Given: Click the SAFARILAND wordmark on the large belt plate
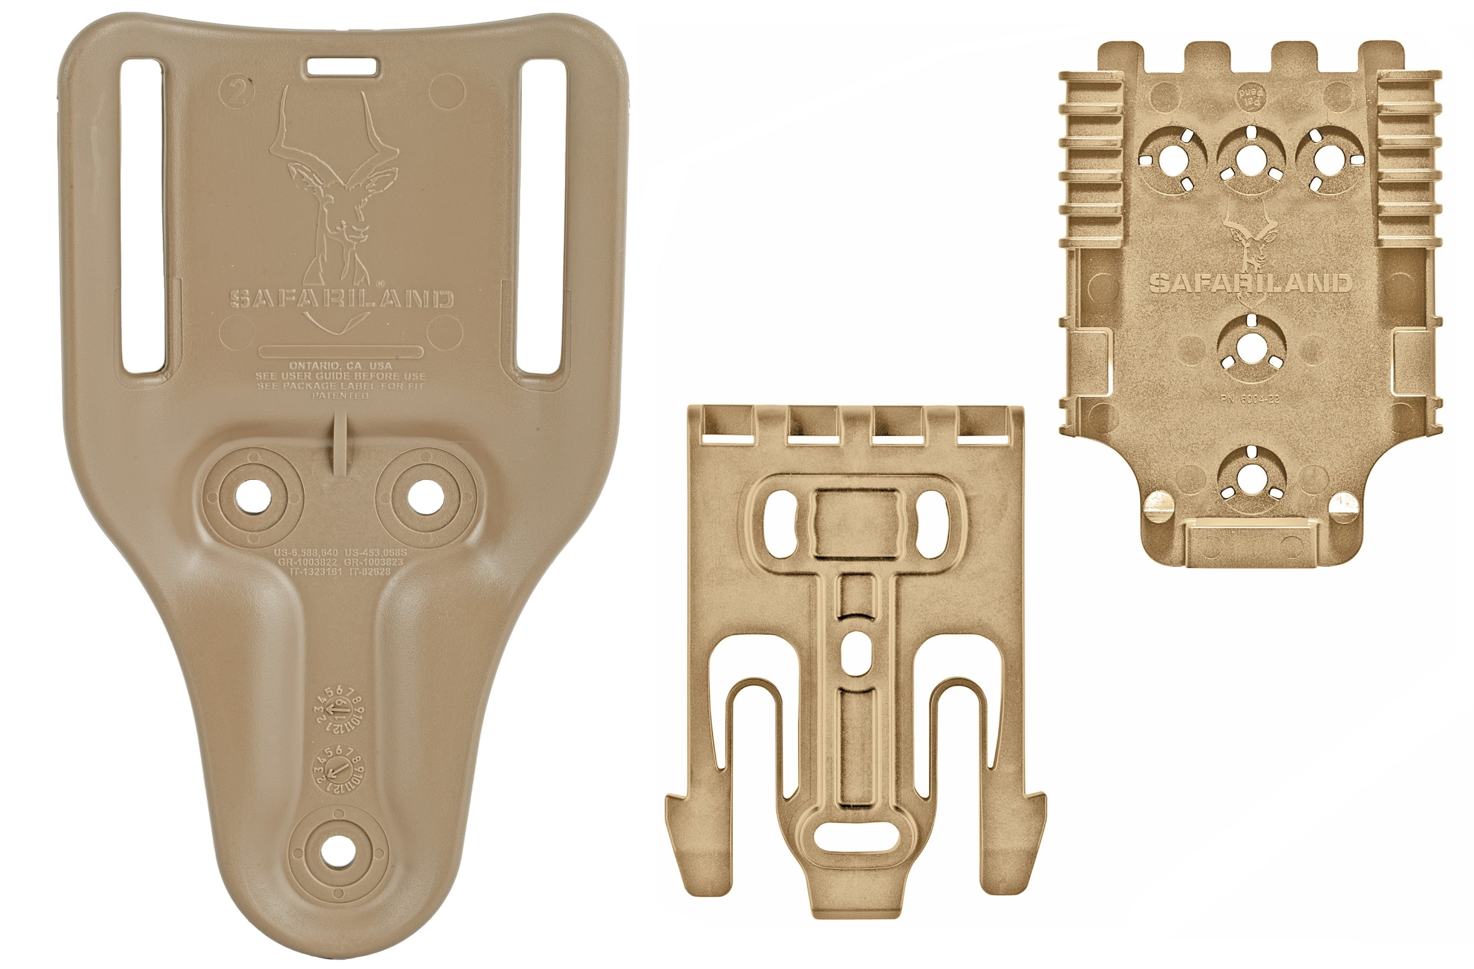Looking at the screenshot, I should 341,299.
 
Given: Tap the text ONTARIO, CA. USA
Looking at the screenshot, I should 340,366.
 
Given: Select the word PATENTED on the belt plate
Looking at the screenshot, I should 340,396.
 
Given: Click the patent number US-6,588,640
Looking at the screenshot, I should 306,552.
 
